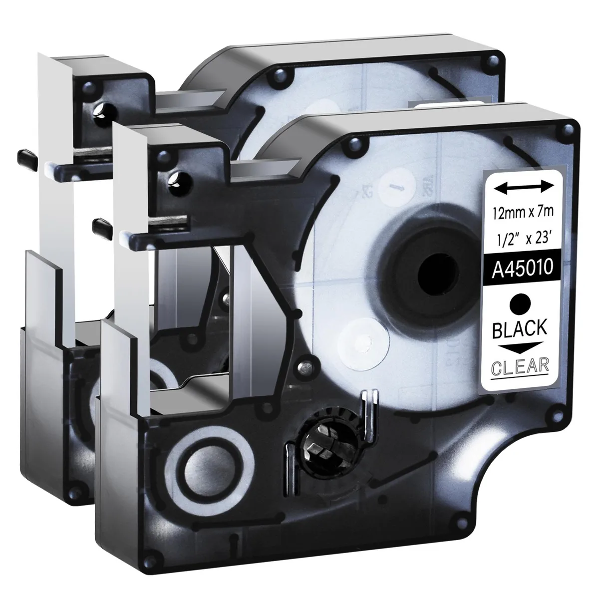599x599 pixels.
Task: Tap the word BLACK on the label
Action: coord(520,328)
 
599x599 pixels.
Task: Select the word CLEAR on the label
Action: coord(520,367)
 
